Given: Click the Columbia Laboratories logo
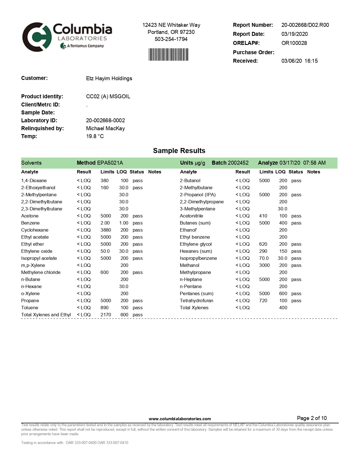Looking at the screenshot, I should [67, 37].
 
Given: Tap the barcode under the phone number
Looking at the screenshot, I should [168, 55].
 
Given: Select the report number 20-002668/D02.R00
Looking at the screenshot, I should [305, 25].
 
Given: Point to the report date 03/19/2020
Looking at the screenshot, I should [294, 34].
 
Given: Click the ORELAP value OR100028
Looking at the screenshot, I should [294, 43].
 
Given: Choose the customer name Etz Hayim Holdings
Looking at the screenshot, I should [109, 79].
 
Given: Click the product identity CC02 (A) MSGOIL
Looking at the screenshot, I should [108, 97].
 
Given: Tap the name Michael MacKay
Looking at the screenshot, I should [105, 129].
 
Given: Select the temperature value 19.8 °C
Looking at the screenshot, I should [95, 136].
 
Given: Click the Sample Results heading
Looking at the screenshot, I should [179, 151].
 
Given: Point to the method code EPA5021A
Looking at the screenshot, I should [110, 163].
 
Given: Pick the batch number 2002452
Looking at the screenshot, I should [238, 163].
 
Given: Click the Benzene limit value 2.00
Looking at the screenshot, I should [105, 223].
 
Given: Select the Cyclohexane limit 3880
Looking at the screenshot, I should [106, 230].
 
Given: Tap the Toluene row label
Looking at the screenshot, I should [30, 308].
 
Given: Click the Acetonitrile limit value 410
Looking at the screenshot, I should [263, 216].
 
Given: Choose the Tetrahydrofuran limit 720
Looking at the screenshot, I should [263, 301].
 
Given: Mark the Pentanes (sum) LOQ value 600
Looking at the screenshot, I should [283, 294].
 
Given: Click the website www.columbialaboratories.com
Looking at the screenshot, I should [180, 419].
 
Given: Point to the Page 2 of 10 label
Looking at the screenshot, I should [312, 418].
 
